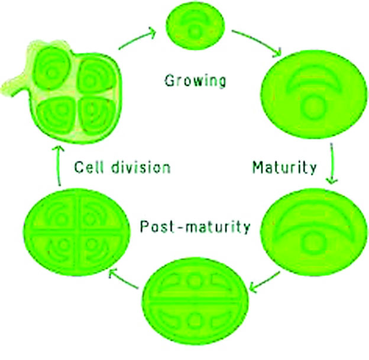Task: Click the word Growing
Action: click(195, 81)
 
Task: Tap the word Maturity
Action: click(284, 168)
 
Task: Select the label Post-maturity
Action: click(195, 227)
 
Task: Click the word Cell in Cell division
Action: click(89, 167)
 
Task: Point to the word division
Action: click(141, 167)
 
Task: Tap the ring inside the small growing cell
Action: click(195, 31)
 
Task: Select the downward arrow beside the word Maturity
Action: click(332, 163)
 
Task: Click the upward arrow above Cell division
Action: click(59, 166)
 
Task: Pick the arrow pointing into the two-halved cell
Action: click(265, 282)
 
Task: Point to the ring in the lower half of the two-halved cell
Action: click(195, 321)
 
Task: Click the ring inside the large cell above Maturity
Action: click(313, 105)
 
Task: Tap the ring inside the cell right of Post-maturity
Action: click(312, 243)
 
